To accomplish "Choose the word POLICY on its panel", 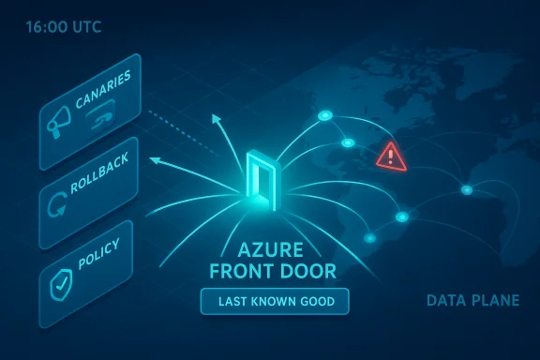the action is pyautogui.click(x=99, y=254).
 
